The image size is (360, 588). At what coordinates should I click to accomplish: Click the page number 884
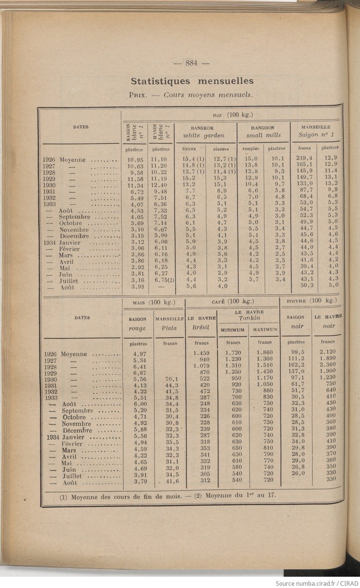[192, 63]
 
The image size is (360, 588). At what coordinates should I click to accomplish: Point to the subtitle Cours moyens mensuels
[208, 95]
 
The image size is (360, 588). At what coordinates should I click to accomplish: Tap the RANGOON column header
[263, 128]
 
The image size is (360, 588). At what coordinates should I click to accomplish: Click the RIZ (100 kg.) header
[233, 115]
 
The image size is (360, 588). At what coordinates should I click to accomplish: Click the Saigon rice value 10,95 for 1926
[135, 160]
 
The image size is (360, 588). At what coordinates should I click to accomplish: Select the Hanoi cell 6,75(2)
[163, 280]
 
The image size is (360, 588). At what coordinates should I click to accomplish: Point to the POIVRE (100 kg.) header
[312, 300]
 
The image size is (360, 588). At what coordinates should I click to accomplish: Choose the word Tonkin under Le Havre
[249, 318]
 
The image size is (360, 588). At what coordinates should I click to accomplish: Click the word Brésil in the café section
[200, 327]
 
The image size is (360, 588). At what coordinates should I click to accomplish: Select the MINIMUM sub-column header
[232, 330]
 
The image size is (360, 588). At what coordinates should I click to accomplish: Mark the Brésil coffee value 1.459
[201, 353]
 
